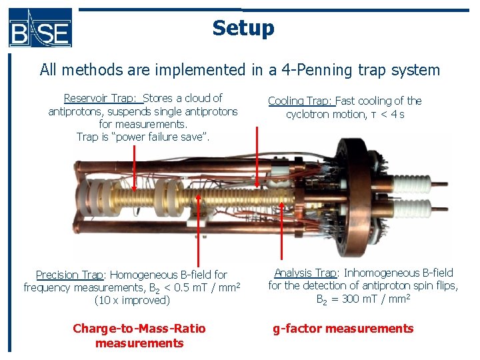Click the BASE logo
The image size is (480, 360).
40,28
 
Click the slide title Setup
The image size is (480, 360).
243,28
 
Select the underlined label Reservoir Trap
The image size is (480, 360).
100,98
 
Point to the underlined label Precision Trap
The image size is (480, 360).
70,275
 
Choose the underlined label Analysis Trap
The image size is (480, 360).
305,273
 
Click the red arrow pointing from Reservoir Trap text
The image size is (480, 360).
134,168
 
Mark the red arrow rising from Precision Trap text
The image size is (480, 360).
199,230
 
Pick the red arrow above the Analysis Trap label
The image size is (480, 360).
281,229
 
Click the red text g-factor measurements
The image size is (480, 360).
343,329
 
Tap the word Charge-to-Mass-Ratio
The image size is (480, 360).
139,328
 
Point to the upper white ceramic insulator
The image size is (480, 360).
412,183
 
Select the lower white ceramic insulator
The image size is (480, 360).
412,208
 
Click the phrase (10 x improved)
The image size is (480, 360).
132,300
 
